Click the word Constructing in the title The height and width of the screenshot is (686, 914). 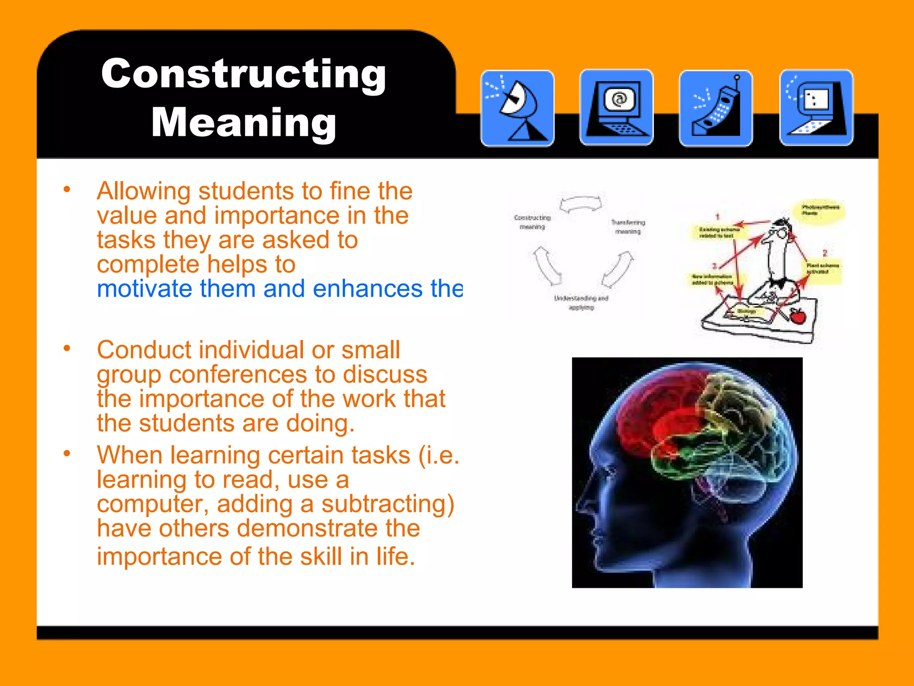pos(244,74)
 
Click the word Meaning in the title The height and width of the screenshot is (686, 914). pos(244,122)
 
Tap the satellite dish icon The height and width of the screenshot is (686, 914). pos(517,108)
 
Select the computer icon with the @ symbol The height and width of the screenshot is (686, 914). pos(616,107)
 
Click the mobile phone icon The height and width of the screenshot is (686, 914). pos(716,108)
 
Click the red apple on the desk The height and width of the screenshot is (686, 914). pos(798,316)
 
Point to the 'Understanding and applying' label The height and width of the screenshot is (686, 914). pos(581,302)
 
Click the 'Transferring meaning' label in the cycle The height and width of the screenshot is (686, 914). pos(628,226)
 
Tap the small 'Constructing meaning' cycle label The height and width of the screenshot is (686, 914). pos(532,222)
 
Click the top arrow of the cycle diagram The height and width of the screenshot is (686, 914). pos(581,204)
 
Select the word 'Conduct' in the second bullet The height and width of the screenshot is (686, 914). pos(144,350)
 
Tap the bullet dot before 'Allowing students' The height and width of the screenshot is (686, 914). pos(67,189)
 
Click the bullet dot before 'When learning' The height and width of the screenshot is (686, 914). pos(67,454)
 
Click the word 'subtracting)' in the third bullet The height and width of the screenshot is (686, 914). pos(388,504)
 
